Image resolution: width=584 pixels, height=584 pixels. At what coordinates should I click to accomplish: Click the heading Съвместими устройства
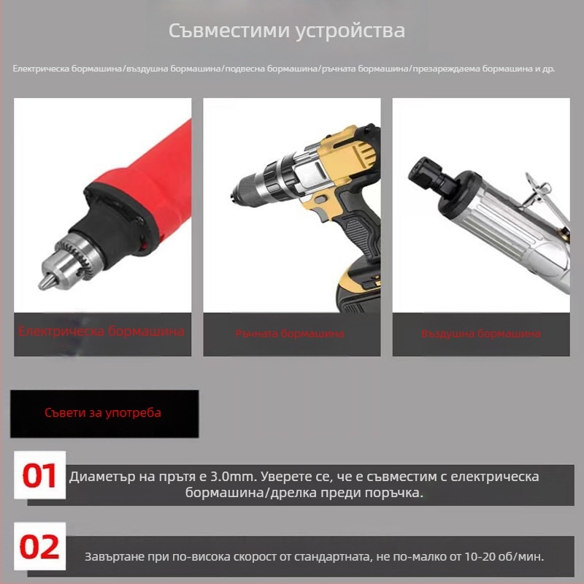tap(287, 32)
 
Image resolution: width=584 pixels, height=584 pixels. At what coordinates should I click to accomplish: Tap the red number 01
tap(39, 476)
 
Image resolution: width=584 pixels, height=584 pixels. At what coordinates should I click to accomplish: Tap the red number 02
tap(39, 547)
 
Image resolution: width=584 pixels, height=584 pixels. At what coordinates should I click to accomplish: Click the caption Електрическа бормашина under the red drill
tap(101, 331)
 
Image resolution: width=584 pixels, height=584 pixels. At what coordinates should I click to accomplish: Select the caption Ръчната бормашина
tap(290, 334)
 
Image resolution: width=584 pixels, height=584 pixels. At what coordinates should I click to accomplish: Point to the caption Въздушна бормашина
tap(480, 334)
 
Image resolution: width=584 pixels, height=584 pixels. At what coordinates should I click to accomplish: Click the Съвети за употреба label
tap(103, 413)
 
